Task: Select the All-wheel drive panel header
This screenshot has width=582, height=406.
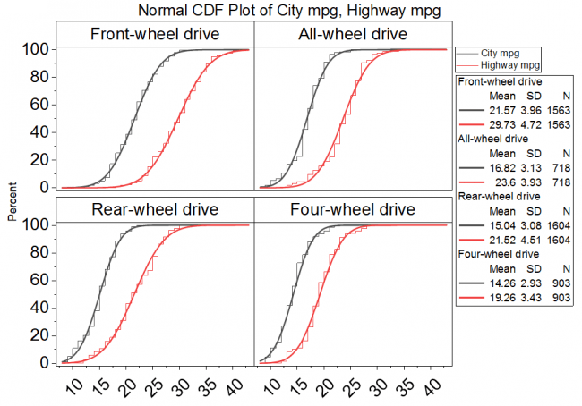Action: (352, 34)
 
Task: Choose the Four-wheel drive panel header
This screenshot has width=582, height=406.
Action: (352, 210)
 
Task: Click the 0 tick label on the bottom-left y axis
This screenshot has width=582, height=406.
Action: (43, 363)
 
